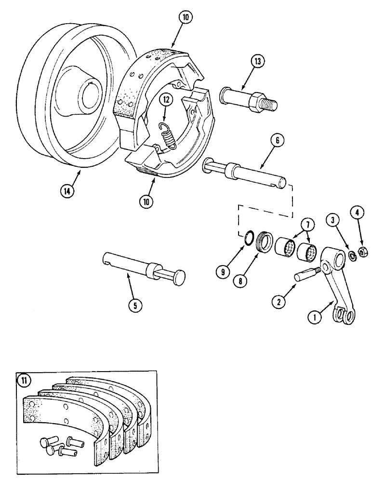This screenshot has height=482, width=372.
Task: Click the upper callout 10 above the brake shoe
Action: click(186, 17)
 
